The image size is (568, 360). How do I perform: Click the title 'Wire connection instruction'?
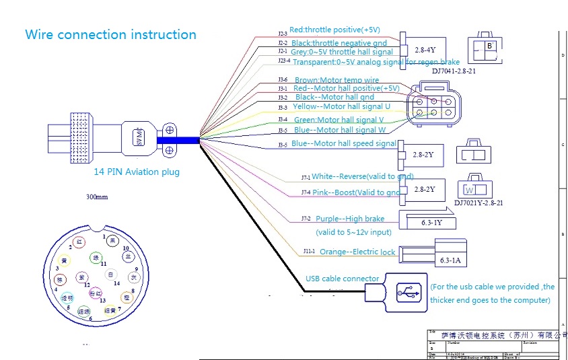[x=110, y=34]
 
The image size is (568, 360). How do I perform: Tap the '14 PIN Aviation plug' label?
[x=137, y=172]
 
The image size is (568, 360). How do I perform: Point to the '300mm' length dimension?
[x=97, y=197]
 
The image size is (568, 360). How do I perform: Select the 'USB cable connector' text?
[x=342, y=279]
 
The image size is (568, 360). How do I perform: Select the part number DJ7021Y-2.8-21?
[x=479, y=202]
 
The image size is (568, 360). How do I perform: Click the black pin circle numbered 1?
[x=112, y=241]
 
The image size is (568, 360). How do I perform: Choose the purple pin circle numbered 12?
[x=81, y=277]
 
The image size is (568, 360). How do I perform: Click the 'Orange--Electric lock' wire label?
[x=357, y=252]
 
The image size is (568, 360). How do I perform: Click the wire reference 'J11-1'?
[x=308, y=251]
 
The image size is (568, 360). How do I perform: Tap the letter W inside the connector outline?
[x=470, y=189]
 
